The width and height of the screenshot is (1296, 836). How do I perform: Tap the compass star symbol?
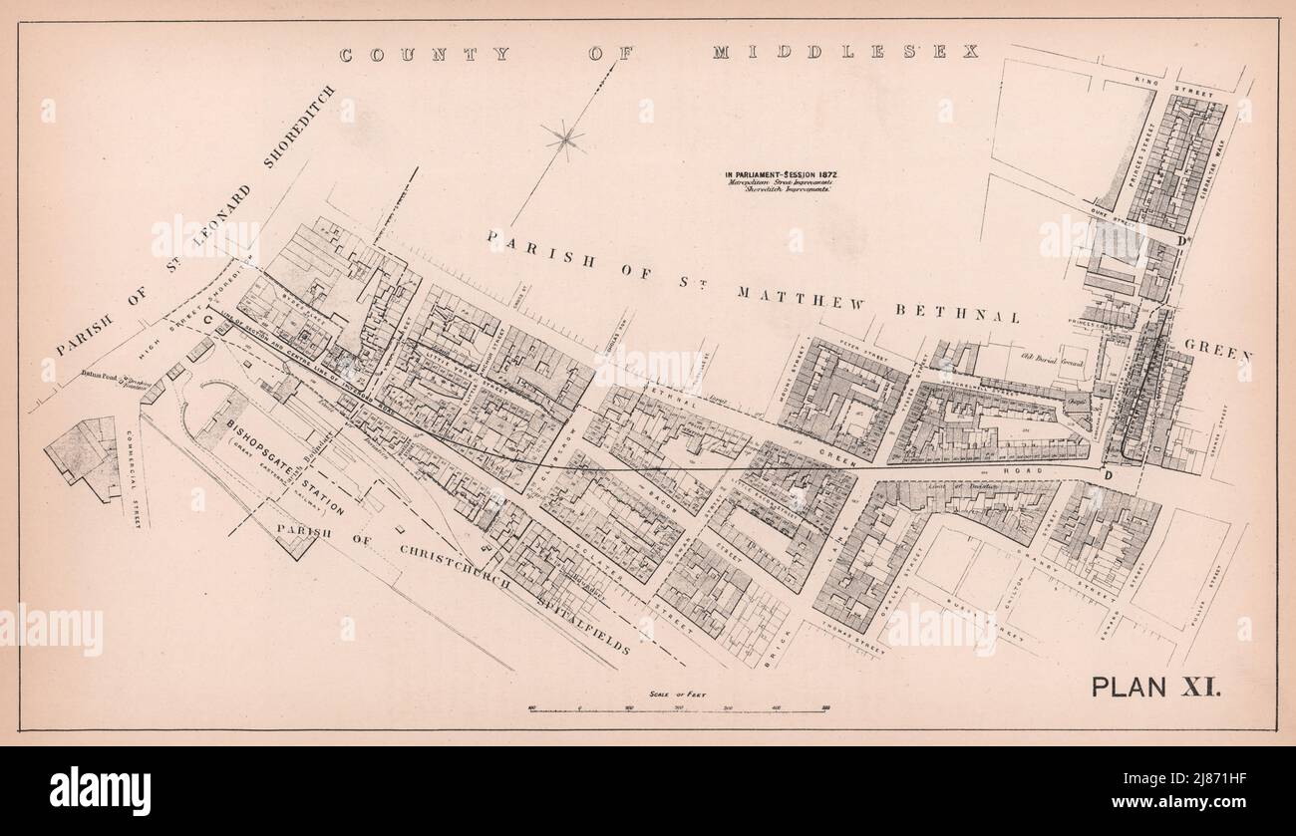click(x=564, y=139)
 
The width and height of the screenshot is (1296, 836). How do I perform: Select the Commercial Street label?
click(x=137, y=478)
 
